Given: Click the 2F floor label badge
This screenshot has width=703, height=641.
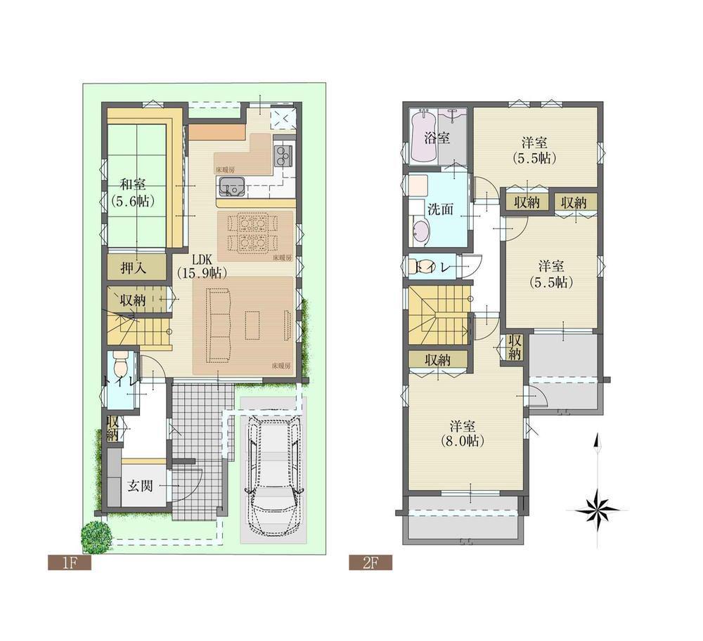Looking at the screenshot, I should coord(370,562).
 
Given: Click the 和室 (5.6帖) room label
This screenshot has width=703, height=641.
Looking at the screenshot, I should coord(132,192).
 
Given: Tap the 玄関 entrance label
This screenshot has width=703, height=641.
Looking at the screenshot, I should coord(142,485).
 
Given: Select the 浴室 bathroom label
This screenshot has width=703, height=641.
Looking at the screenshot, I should coord(437,138).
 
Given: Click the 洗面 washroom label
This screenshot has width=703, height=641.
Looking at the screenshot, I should coord(440,209).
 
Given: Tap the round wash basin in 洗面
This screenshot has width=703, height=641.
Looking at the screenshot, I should coord(420,231).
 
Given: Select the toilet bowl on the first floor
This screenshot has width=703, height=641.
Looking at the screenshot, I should coord(120,364).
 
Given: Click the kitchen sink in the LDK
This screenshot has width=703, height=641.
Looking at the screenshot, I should coord(231,187).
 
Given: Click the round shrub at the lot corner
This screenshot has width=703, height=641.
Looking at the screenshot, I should coord(96,536).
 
